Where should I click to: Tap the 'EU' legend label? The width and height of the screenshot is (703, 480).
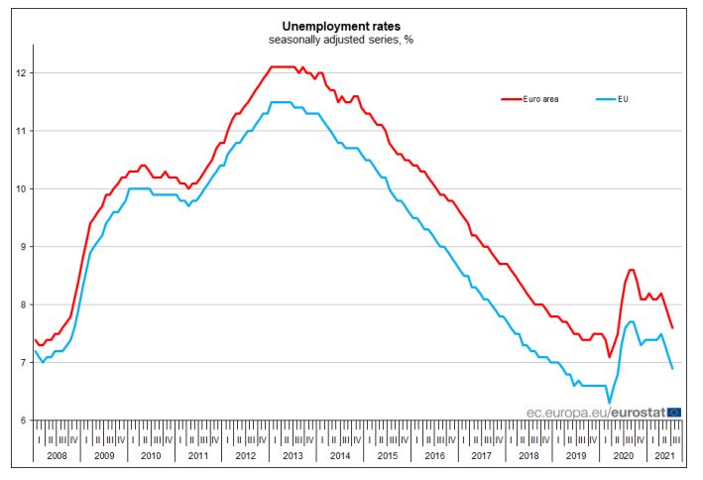[623, 99]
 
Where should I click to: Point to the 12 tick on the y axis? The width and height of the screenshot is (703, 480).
[21, 73]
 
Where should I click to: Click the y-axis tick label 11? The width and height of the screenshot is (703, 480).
[21, 131]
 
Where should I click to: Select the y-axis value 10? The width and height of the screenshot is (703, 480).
[21, 188]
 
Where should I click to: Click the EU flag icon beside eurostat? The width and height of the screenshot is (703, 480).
[674, 411]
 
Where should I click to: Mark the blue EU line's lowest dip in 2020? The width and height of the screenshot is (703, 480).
[609, 403]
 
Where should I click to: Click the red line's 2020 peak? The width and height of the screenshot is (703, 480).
[631, 269]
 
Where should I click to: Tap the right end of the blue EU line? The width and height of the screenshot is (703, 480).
[673, 368]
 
